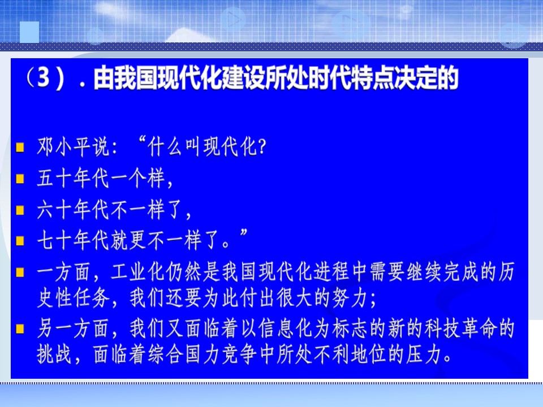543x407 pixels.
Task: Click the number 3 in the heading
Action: pyautogui.click(x=43, y=77)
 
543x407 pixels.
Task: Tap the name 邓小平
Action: pyautogui.click(x=63, y=147)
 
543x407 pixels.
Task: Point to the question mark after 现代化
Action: pyautogui.click(x=262, y=147)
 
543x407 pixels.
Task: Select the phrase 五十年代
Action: pyautogui.click(x=73, y=178)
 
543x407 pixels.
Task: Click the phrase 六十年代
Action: pyautogui.click(x=73, y=209)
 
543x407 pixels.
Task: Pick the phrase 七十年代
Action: pyautogui.click(x=73, y=240)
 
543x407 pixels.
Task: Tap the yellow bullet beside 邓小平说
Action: pyautogui.click(x=20, y=147)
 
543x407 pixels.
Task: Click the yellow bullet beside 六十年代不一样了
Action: pyautogui.click(x=20, y=210)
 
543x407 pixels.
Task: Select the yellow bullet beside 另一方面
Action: pyautogui.click(x=20, y=328)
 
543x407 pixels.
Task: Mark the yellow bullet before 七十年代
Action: pyautogui.click(x=20, y=241)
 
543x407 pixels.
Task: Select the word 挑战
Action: pyautogui.click(x=54, y=354)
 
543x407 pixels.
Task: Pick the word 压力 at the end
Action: pyautogui.click(x=424, y=354)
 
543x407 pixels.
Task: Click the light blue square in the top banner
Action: pyautogui.click(x=29, y=32)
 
